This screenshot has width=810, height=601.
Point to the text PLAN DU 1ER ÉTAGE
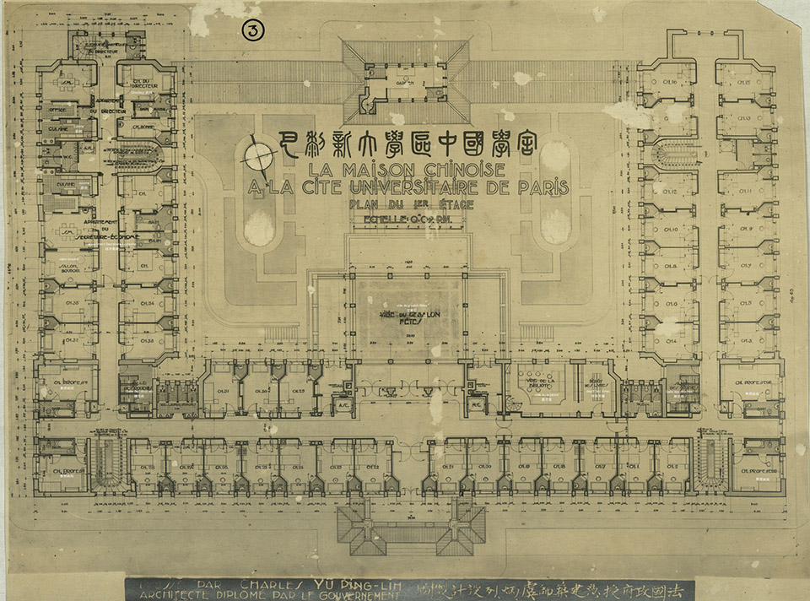[x=411, y=205]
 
